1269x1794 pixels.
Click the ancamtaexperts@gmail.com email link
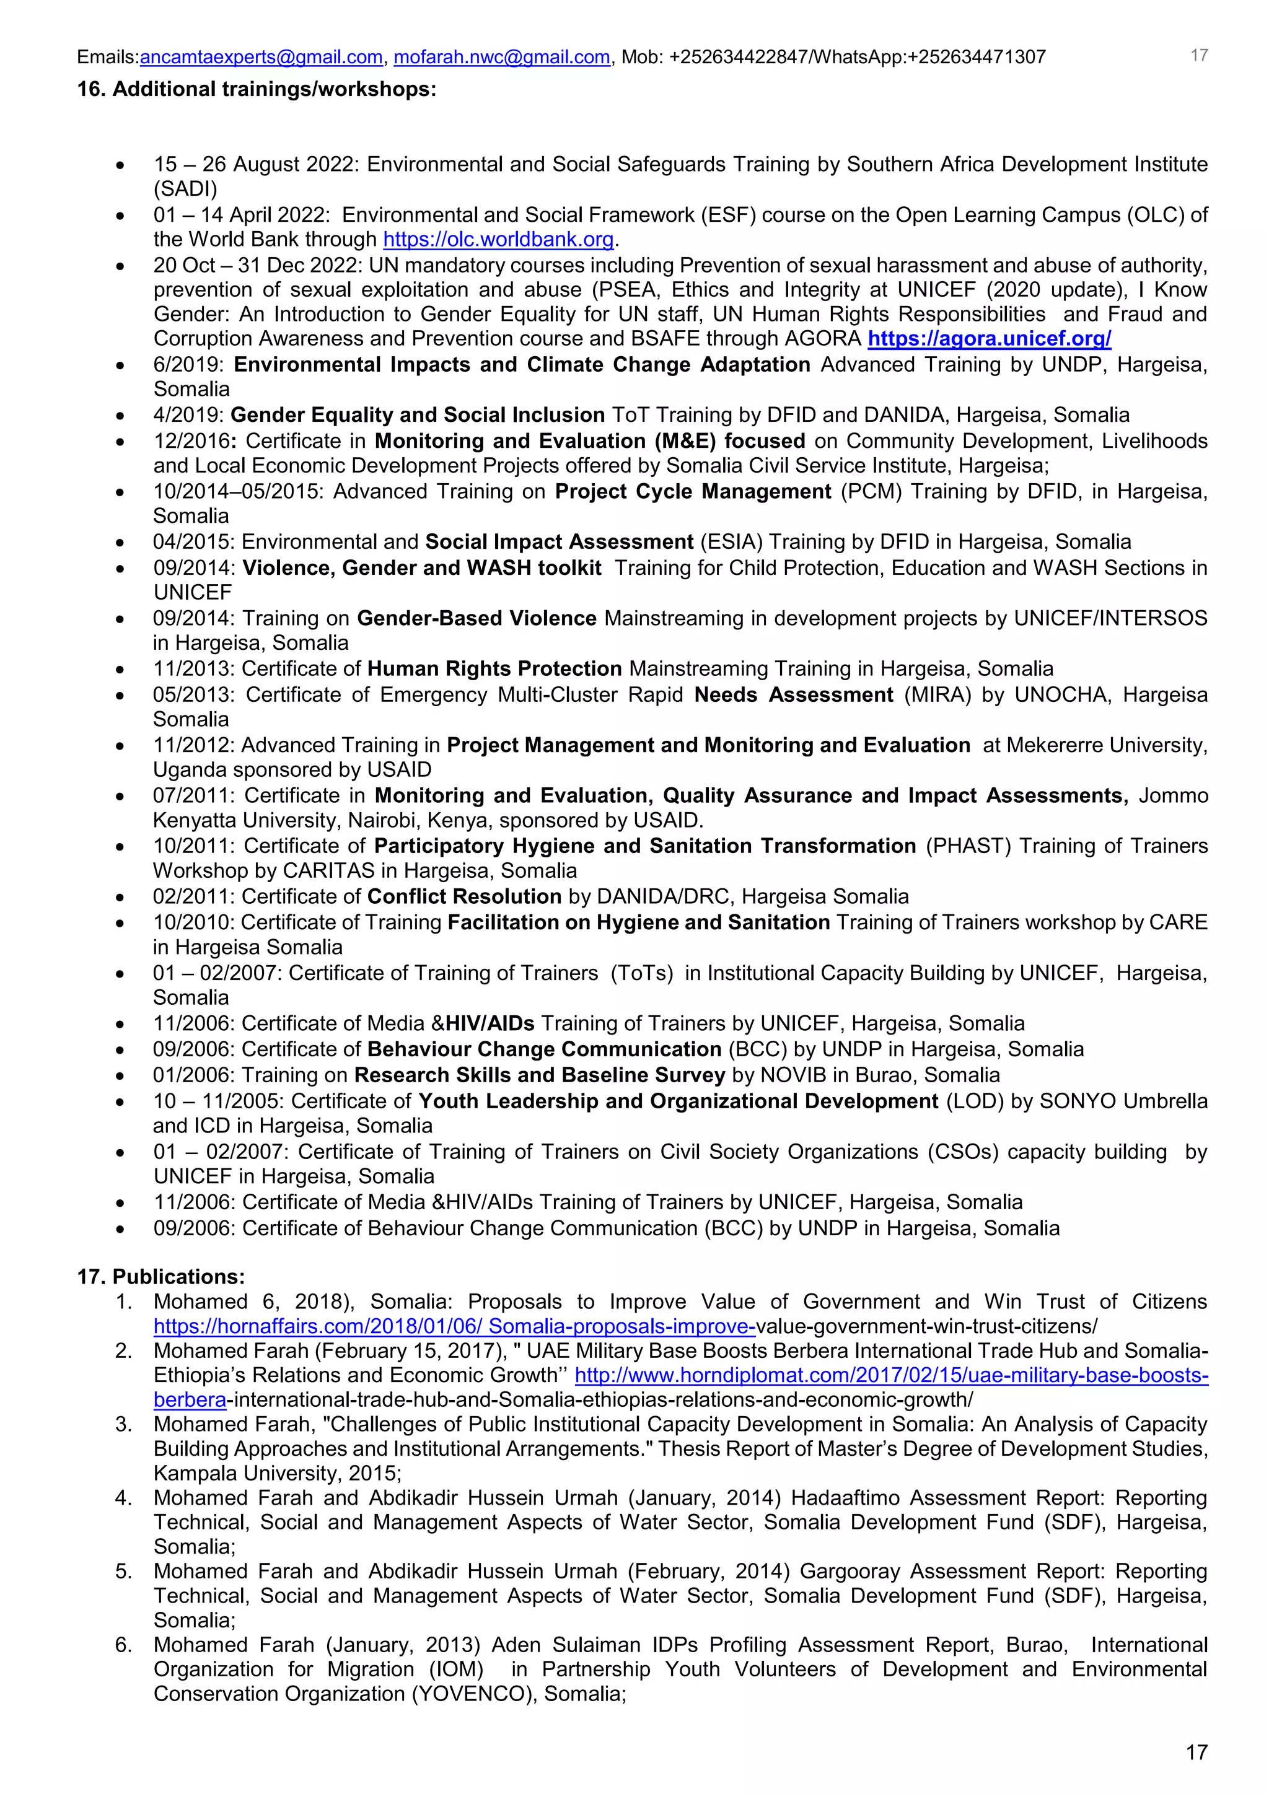point(261,57)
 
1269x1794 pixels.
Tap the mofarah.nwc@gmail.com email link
point(502,57)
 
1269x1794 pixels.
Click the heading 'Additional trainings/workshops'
point(273,89)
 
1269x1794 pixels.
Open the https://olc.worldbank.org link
point(499,239)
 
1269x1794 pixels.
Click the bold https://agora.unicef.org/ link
point(990,338)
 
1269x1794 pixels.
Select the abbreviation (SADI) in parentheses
point(185,189)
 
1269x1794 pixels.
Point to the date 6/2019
point(188,365)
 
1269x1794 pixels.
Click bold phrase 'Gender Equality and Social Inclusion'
point(417,415)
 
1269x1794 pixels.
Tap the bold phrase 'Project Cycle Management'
point(692,491)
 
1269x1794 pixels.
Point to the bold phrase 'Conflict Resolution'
point(464,896)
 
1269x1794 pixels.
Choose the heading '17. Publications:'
point(161,1277)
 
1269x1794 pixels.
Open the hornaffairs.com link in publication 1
point(453,1326)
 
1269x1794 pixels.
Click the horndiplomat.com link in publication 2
point(891,1375)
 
